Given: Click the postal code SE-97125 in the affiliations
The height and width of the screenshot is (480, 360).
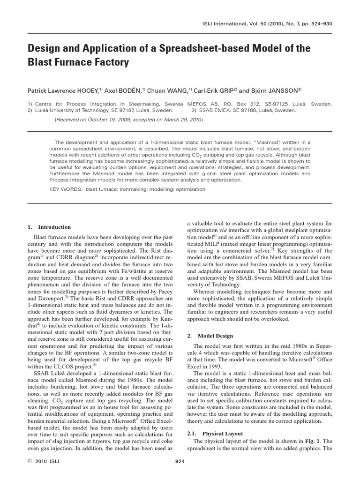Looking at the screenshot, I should (286, 104).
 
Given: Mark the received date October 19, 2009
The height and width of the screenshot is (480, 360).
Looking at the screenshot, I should (107, 120).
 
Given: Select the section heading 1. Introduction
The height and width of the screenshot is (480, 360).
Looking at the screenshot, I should (49, 227).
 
